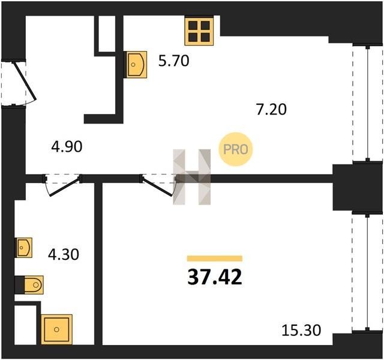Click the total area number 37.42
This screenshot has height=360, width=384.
[x=215, y=277]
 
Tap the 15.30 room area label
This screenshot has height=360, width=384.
[x=301, y=330]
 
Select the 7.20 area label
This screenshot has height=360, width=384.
[x=271, y=109]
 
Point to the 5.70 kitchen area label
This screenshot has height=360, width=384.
[x=173, y=61]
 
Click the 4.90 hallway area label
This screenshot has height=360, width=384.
[x=67, y=147]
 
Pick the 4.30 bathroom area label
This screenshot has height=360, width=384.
[x=64, y=254]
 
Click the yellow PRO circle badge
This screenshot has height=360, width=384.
[x=235, y=149]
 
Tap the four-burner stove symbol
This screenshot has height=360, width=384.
[x=199, y=31]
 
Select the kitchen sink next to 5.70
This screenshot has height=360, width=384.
[x=137, y=65]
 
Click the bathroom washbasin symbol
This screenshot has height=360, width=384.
[x=24, y=248]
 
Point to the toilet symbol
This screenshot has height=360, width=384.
[x=34, y=285]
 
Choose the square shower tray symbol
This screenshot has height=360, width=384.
[x=56, y=329]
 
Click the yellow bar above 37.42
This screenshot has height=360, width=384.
[x=215, y=259]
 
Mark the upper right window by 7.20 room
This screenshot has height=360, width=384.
[x=367, y=103]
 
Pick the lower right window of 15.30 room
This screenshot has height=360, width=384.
[x=367, y=272]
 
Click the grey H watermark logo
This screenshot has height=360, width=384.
[x=192, y=177]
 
